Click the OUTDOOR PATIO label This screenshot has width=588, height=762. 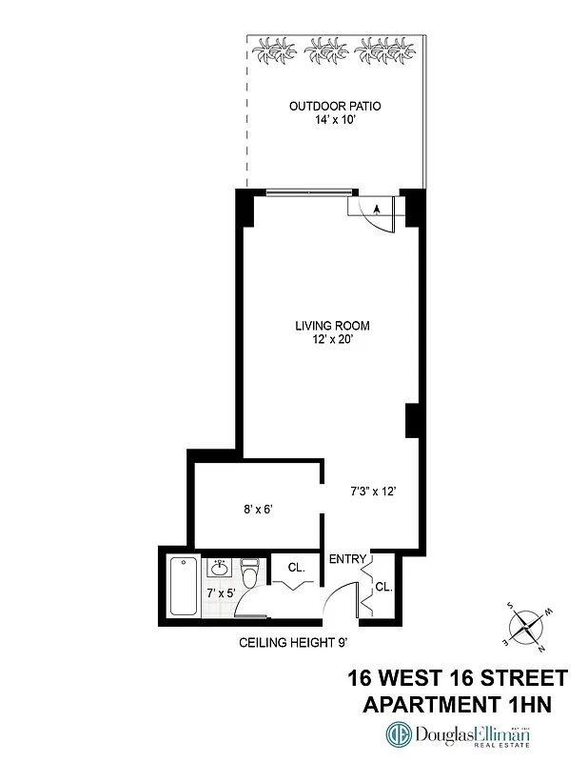(335, 106)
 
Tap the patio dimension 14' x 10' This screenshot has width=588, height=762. (335, 121)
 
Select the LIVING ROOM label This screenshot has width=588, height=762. (331, 327)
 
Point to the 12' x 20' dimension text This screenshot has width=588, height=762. (331, 341)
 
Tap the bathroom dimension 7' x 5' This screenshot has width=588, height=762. (222, 592)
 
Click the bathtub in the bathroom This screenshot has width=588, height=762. (181, 586)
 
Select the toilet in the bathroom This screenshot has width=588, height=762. (249, 575)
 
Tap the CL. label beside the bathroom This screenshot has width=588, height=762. (296, 568)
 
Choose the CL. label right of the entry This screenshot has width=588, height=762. (383, 587)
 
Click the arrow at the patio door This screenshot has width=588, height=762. (378, 209)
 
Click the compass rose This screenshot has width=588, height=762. (525, 626)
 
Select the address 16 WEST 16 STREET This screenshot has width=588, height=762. (457, 678)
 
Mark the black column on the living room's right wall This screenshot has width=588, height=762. (412, 421)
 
